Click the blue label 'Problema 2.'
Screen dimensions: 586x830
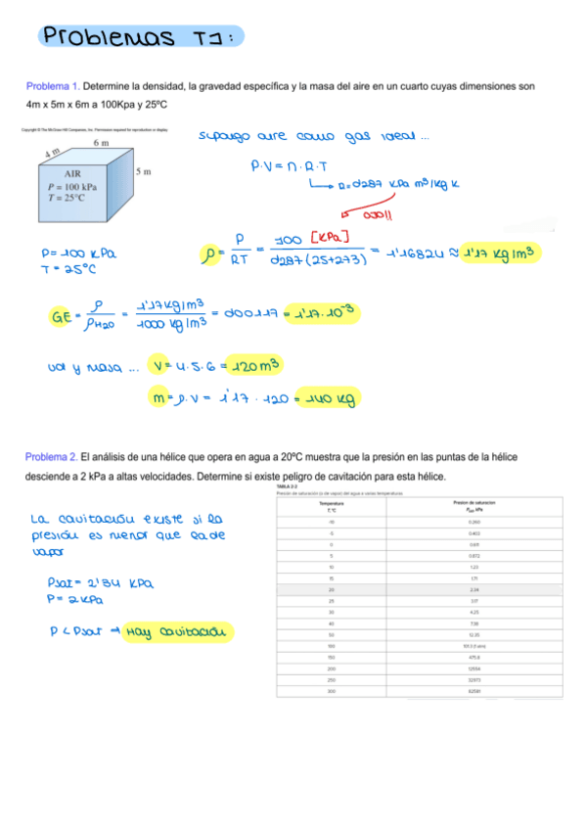52,458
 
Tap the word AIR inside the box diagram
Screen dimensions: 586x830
72,174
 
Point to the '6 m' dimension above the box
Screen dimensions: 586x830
101,144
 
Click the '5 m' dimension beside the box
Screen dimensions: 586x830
143,172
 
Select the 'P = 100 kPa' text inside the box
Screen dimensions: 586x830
71,185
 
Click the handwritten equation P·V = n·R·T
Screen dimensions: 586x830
290,166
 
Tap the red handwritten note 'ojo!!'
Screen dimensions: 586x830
376,215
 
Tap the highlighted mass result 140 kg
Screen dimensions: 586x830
330,398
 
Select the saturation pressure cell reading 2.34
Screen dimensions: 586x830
474,590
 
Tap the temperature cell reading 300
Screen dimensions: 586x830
332,692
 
